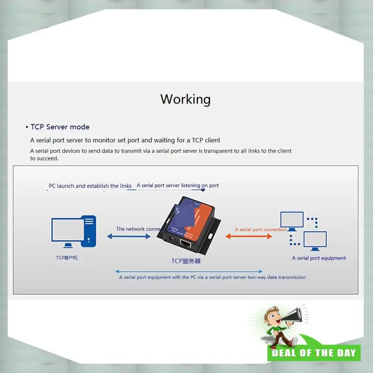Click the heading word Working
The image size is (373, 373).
click(x=186, y=99)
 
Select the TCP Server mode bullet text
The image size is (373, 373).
click(x=60, y=127)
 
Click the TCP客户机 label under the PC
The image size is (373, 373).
click(x=67, y=257)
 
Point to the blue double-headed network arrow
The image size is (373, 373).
click(x=129, y=236)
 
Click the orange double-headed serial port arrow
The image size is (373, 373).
click(x=249, y=236)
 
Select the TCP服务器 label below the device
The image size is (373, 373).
click(x=186, y=261)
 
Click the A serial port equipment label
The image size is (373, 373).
click(x=319, y=258)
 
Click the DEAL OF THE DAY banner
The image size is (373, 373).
click(x=314, y=353)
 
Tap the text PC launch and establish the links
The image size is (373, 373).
click(x=90, y=186)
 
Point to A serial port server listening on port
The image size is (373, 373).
click(x=178, y=186)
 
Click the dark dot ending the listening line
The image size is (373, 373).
click(x=203, y=189)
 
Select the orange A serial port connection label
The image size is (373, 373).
click(x=261, y=229)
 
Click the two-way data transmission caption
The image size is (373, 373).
click(x=212, y=277)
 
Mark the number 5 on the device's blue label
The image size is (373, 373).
click(x=178, y=211)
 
